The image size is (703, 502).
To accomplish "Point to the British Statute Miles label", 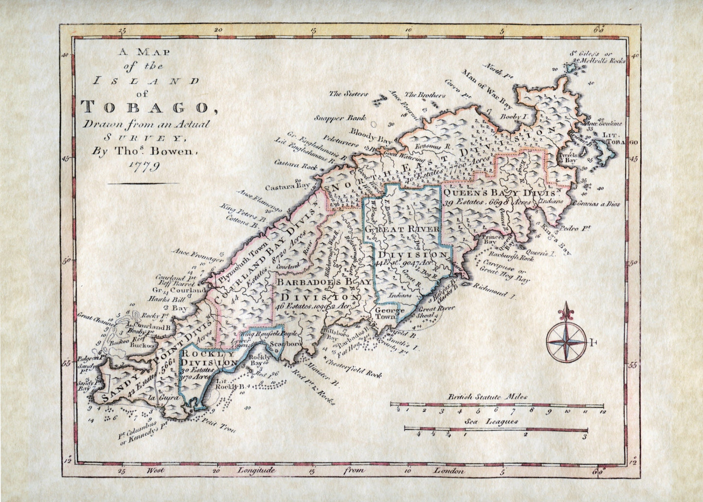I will (x=487, y=397).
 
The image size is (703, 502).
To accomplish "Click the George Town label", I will (x=389, y=314).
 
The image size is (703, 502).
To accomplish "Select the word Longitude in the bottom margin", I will (x=256, y=471).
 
